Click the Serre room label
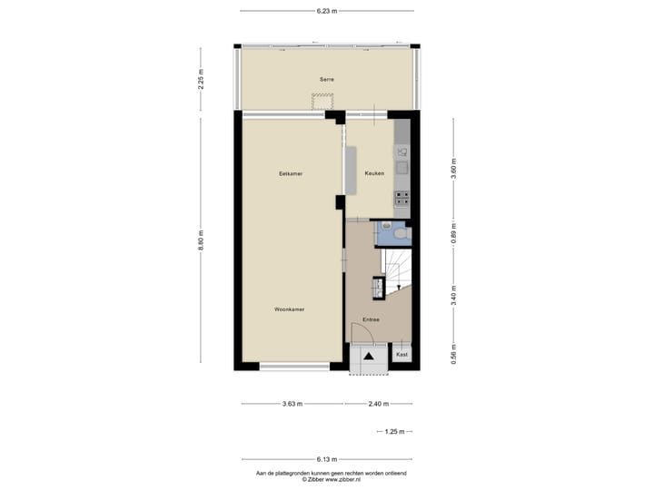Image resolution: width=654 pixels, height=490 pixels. [x=326, y=80]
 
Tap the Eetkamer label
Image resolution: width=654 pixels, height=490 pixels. [x=291, y=172]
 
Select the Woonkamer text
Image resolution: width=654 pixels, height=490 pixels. [x=290, y=309]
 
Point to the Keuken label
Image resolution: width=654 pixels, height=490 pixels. [x=374, y=172]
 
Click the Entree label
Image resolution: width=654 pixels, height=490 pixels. [x=371, y=319]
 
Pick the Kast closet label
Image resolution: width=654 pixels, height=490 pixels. [x=401, y=355]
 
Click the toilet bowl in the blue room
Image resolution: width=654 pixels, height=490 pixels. [x=403, y=233]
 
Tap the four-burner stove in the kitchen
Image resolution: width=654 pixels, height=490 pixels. [x=401, y=195]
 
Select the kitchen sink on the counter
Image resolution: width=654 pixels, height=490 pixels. [x=401, y=167]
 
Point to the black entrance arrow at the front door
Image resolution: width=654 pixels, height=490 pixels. [x=370, y=358]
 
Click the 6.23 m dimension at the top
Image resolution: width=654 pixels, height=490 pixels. [x=327, y=11]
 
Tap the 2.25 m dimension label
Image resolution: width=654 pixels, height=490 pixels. [x=202, y=79]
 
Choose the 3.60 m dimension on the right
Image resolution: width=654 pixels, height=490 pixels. [x=452, y=169]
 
